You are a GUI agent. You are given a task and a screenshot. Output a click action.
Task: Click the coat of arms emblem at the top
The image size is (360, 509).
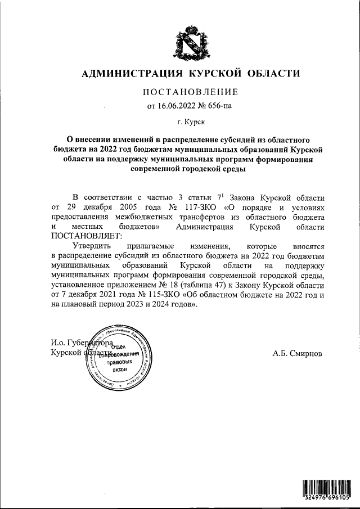(x=186, y=43)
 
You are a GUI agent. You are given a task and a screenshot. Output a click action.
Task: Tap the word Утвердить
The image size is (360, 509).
(x=94, y=246)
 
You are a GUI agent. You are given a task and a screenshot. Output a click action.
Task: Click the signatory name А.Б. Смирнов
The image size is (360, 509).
(x=298, y=354)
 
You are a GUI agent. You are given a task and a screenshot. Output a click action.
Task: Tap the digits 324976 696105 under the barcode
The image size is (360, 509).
(x=325, y=498)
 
